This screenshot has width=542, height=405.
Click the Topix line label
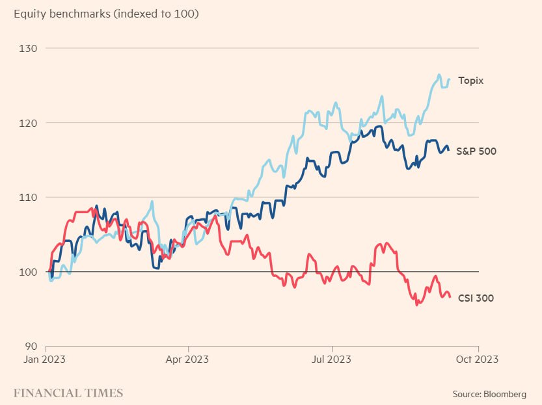coord(470,81)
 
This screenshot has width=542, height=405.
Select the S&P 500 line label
coord(476,151)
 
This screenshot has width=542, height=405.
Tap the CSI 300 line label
coord(475,298)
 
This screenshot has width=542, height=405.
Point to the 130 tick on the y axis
coord(29,49)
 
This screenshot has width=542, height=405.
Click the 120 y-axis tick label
coord(29,123)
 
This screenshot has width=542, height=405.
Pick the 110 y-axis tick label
coord(29,197)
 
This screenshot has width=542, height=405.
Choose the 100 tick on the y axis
coord(29,272)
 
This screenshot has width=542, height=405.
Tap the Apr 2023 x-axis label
coord(187,358)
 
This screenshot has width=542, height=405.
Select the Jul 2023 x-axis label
coord(332,358)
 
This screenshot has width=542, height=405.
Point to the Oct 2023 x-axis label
coord(478,358)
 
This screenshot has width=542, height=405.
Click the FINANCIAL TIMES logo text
coord(68,393)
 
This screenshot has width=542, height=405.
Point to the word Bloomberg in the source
coord(504,394)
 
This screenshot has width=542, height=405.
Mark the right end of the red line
coord(450,297)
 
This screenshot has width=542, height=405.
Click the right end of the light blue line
coord(449,79)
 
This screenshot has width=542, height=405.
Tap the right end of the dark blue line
coord(448,150)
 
